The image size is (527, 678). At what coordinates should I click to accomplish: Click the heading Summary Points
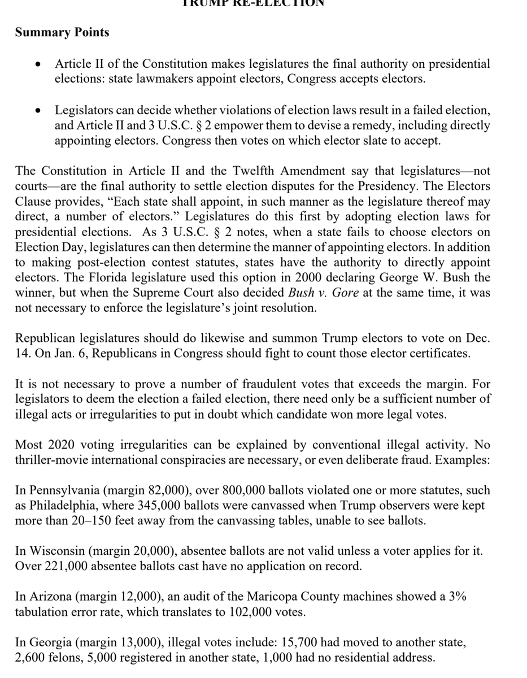click(x=62, y=32)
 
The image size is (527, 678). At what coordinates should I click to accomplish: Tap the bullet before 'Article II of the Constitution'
click(x=37, y=66)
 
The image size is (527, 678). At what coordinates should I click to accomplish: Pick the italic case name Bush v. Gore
click(x=323, y=293)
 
